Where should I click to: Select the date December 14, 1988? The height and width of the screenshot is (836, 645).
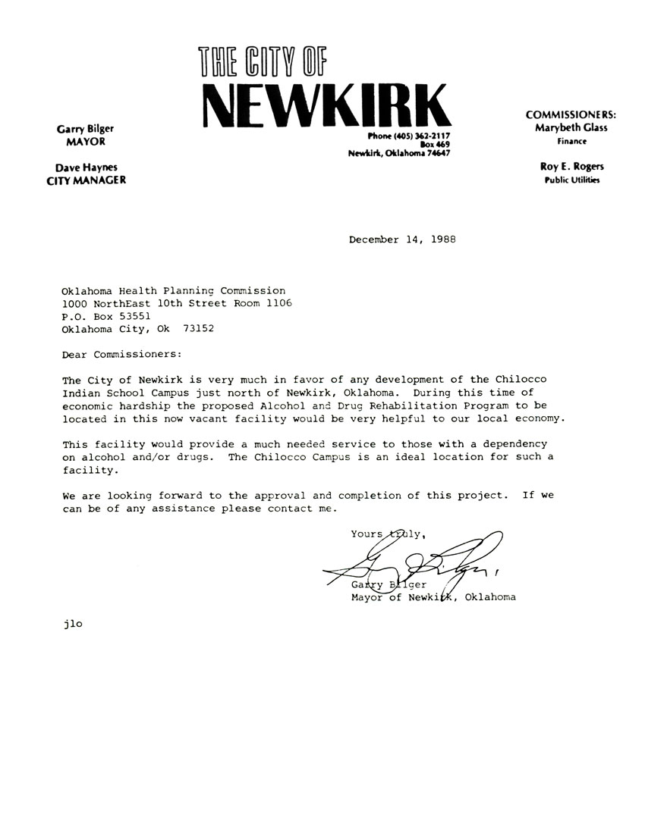coord(402,240)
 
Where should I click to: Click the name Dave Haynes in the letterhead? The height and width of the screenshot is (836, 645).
coord(86,168)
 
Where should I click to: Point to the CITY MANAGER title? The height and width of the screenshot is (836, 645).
coord(86,180)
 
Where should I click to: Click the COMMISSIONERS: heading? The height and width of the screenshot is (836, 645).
coord(571,114)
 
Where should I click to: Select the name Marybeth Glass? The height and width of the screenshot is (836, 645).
coord(571,128)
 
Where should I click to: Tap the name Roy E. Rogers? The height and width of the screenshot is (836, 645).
coord(571,167)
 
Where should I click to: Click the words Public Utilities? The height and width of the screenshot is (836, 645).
coord(571,180)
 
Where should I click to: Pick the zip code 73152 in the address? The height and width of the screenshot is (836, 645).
coord(199,329)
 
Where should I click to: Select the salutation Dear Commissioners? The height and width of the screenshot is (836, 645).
coord(122,354)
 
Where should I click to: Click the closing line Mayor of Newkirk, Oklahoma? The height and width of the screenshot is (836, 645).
coord(433,597)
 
